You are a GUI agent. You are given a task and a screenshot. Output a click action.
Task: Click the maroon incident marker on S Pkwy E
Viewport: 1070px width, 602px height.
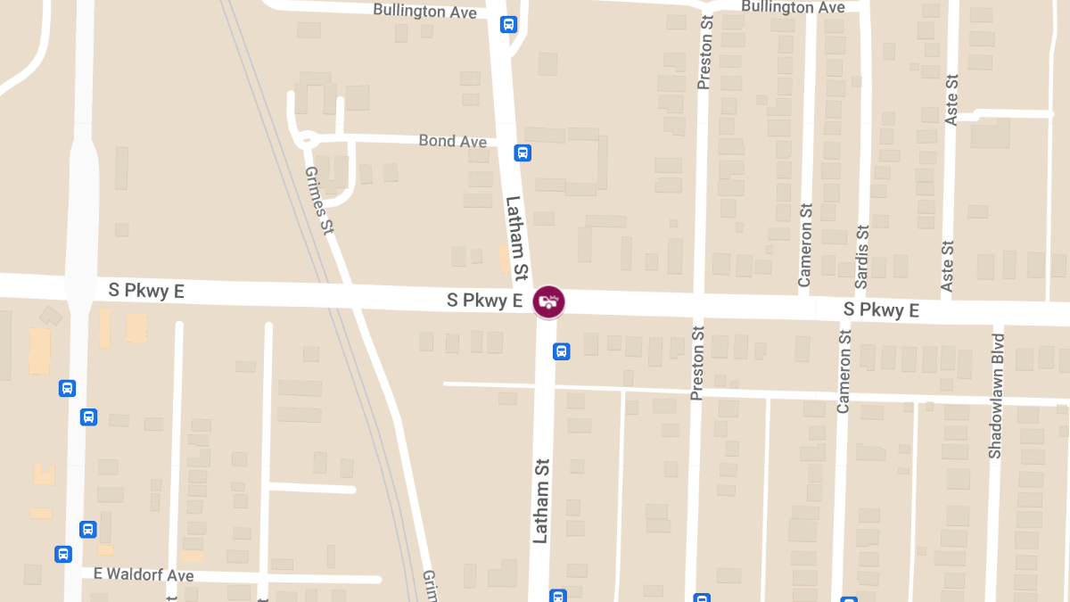pyautogui.click(x=548, y=301)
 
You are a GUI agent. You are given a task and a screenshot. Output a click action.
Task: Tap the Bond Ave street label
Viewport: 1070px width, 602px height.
pyautogui.click(x=453, y=142)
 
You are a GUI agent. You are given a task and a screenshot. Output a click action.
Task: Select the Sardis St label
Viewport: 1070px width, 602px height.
pyautogui.click(x=861, y=255)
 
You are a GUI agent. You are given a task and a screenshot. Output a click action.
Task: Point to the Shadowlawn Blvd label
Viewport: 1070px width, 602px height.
pyautogui.click(x=996, y=396)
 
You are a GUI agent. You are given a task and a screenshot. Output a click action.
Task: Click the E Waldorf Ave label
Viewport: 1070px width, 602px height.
pyautogui.click(x=144, y=574)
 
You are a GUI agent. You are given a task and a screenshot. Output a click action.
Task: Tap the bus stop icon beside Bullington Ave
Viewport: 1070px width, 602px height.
pyautogui.click(x=508, y=24)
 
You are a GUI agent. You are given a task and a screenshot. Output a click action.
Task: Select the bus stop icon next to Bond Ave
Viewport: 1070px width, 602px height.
pyautogui.click(x=523, y=153)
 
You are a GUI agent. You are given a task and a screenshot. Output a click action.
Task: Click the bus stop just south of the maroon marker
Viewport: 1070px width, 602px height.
pyautogui.click(x=562, y=350)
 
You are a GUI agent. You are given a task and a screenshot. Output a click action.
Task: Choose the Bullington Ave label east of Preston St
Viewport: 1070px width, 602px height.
pyautogui.click(x=793, y=7)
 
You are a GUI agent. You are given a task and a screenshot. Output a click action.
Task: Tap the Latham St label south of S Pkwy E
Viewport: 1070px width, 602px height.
pyautogui.click(x=541, y=500)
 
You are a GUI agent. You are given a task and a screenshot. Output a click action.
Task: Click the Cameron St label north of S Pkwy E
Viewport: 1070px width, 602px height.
pyautogui.click(x=806, y=246)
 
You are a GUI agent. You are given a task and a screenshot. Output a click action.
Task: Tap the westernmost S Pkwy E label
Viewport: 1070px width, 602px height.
pyautogui.click(x=146, y=290)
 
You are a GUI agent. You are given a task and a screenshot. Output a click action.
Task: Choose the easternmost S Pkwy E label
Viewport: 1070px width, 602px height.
pyautogui.click(x=881, y=309)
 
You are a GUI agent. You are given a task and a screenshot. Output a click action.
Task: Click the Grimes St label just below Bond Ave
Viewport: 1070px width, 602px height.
pyautogui.click(x=318, y=200)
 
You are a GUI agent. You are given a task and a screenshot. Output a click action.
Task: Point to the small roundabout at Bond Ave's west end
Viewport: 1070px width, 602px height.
pyautogui.click(x=309, y=139)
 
